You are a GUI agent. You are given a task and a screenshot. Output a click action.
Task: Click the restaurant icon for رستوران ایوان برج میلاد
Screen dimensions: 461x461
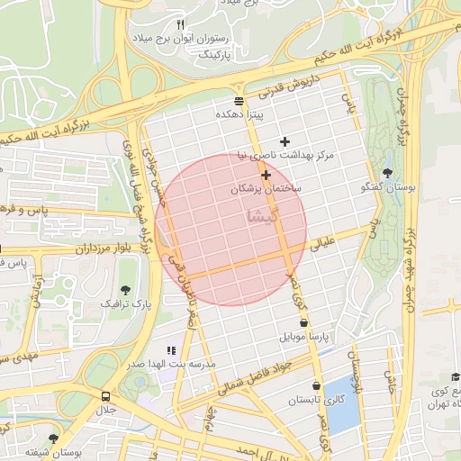tap(180, 24)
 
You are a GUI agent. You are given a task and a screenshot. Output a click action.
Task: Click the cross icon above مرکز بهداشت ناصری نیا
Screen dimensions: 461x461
tap(285, 141)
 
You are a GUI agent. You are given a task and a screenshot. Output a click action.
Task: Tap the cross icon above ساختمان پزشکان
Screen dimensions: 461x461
tap(267, 174)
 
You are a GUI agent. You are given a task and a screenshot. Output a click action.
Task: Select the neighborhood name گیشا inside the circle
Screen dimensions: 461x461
tap(263, 217)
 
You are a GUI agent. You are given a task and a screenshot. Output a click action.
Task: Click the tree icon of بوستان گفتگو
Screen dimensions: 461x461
tap(387, 173)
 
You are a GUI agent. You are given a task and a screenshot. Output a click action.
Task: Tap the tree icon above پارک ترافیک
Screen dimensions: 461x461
tap(125, 289)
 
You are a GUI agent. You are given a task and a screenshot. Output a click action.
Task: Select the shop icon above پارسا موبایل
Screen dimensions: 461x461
tap(303, 322)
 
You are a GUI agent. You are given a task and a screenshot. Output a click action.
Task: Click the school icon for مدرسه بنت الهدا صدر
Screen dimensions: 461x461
tap(171, 349)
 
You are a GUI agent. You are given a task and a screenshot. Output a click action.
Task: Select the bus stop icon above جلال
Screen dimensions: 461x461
tap(107, 395)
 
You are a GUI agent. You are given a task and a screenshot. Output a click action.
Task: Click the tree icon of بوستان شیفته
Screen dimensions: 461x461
tap(53, 438)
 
